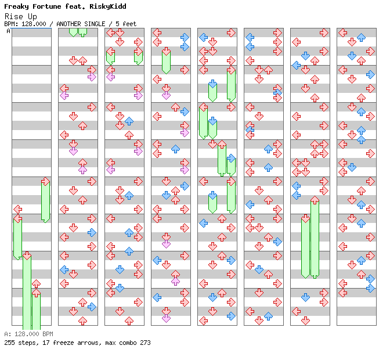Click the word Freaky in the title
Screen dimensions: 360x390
tap(16, 6)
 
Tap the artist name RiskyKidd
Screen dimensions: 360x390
tap(108, 6)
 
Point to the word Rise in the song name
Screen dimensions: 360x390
tap(12, 16)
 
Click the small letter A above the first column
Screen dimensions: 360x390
tap(8, 31)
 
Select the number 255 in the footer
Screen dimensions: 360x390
tap(9, 343)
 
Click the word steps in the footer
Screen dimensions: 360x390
tap(26, 343)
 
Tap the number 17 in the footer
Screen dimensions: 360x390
tap(44, 343)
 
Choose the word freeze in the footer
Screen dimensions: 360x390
tap(60, 343)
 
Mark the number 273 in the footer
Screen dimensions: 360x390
tap(145, 343)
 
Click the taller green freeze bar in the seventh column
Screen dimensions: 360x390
tap(315, 237)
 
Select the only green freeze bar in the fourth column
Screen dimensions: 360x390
tap(166, 60)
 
